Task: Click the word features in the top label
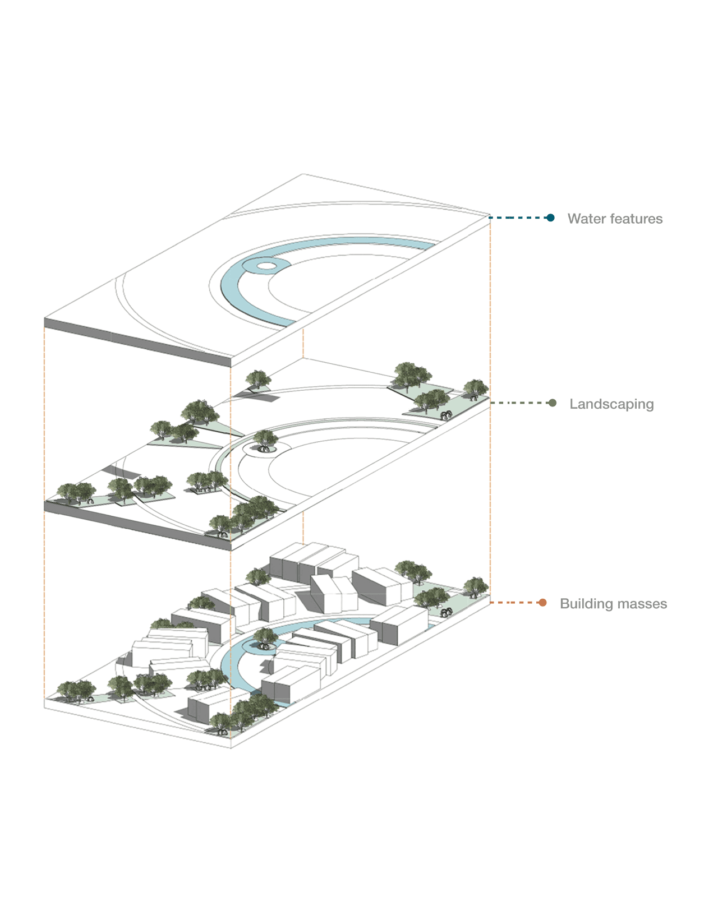[636, 219]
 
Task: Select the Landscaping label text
[611, 404]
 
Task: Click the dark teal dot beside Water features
[551, 218]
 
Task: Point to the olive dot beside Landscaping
[553, 403]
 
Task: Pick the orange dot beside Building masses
[542, 603]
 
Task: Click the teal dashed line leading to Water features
[519, 218]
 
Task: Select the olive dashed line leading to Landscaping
[521, 403]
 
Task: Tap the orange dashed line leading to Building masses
[515, 603]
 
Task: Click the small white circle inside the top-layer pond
[266, 265]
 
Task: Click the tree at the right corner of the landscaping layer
[475, 389]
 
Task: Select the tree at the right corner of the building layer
[475, 587]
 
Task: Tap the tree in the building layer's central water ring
[265, 637]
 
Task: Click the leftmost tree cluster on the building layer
[76, 690]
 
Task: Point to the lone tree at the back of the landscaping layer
[258, 380]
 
